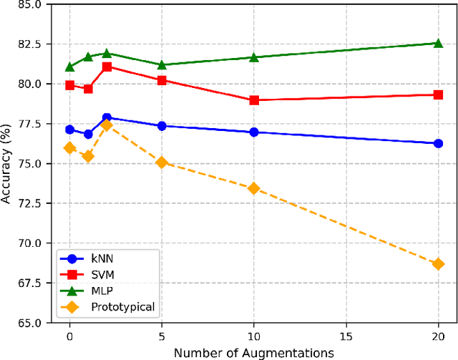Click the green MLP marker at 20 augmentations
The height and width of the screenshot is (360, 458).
click(x=438, y=43)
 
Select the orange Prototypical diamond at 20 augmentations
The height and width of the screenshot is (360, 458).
click(x=438, y=264)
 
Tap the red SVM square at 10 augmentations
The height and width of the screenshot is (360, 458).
click(x=254, y=100)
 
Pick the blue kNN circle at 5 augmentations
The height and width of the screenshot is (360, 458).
click(x=162, y=126)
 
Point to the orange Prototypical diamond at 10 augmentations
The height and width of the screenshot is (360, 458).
click(x=254, y=188)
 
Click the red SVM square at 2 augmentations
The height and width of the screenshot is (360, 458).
click(x=107, y=67)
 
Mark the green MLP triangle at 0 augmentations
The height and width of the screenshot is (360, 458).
click(x=69, y=67)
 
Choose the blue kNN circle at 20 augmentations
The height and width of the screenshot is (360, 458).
click(x=438, y=143)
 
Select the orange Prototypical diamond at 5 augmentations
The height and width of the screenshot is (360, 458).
click(x=162, y=162)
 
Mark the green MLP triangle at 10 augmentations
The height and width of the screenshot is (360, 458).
click(x=254, y=57)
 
